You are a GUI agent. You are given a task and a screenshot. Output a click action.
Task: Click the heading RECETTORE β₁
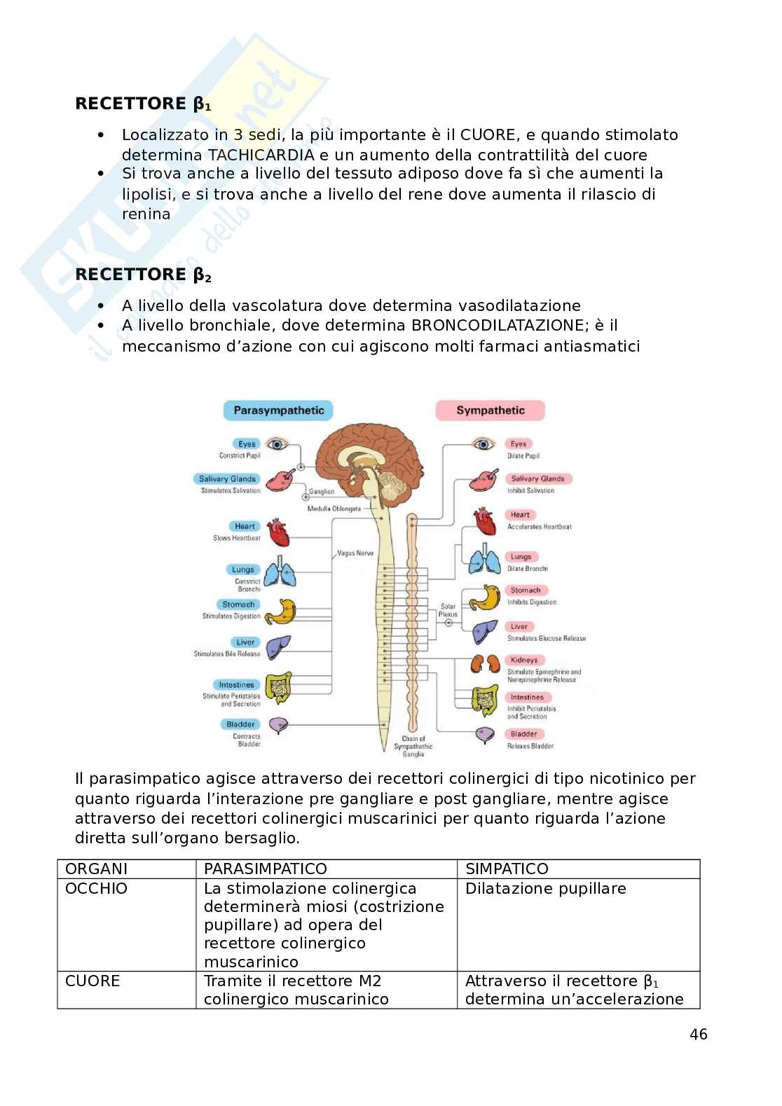(x=143, y=104)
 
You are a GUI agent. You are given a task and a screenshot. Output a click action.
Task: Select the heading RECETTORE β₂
(x=143, y=275)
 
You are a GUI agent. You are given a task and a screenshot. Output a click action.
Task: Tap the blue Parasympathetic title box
(x=278, y=410)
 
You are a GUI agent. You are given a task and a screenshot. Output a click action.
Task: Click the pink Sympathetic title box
(x=490, y=410)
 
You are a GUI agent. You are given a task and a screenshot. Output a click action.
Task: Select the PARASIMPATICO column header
(x=265, y=869)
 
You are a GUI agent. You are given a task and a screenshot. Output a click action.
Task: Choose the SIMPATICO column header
(x=507, y=869)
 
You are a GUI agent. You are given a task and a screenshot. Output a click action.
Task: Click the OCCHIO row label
(x=96, y=888)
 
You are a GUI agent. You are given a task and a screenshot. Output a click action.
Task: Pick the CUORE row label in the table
(x=92, y=981)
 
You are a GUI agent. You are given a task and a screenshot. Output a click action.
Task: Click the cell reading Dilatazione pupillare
(x=545, y=888)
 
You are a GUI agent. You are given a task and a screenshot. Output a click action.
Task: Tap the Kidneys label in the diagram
(x=523, y=660)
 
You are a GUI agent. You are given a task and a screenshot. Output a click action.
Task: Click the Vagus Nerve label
(x=355, y=553)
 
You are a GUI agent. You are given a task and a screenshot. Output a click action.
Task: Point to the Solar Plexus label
(x=448, y=610)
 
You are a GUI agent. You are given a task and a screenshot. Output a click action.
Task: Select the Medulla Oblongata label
(x=334, y=509)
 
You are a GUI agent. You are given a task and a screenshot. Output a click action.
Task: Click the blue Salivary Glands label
(x=228, y=479)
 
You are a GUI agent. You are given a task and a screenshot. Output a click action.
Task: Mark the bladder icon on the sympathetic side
(x=483, y=735)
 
